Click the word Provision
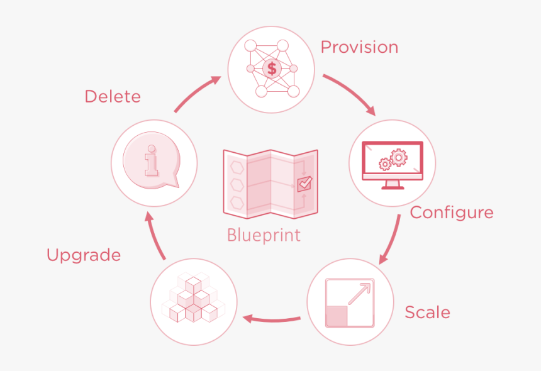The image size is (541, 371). click(x=359, y=48)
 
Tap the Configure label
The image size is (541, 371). click(x=451, y=213)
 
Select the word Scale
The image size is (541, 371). click(x=427, y=312)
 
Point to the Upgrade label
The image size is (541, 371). click(x=84, y=255)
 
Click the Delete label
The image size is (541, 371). click(x=113, y=97)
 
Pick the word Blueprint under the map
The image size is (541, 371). click(x=264, y=235)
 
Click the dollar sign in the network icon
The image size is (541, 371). click(x=272, y=68)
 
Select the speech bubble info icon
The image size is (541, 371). click(x=153, y=162)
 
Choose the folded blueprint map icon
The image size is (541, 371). click(x=270, y=182)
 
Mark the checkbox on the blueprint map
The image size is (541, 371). click(x=304, y=184)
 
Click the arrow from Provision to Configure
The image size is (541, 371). click(x=353, y=94)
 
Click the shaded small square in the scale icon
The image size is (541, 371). click(x=337, y=316)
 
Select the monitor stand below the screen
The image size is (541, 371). click(x=393, y=184)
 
